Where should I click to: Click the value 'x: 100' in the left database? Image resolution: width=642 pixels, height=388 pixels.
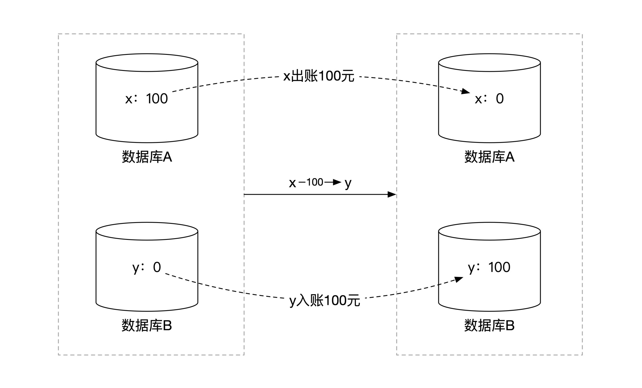[146, 99]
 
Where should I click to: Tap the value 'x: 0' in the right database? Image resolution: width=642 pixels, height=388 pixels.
[489, 99]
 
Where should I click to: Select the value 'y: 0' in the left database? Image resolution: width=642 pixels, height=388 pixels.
[146, 267]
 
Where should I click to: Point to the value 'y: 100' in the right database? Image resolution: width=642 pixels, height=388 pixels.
[489, 267]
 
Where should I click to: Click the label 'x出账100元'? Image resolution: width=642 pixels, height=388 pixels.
[319, 76]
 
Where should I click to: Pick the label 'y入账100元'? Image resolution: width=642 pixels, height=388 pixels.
[325, 300]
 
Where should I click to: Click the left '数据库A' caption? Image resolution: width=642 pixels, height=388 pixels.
[147, 157]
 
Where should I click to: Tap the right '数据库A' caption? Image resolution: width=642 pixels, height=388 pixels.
[489, 157]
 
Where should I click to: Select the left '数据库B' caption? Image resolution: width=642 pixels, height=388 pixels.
[147, 325]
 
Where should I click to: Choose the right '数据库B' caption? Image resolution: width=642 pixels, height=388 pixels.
[489, 325]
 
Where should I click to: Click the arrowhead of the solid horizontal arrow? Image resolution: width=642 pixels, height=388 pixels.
[392, 194]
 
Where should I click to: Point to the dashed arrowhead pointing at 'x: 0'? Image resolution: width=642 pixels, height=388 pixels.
[465, 91]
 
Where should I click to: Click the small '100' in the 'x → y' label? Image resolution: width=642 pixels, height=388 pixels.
[315, 182]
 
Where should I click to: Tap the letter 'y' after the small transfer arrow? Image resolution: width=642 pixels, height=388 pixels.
[348, 183]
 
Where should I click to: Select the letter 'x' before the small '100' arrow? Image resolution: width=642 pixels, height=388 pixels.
[292, 183]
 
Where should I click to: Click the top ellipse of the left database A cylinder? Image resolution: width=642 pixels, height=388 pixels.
[147, 63]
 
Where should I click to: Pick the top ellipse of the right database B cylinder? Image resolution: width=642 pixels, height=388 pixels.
[489, 231]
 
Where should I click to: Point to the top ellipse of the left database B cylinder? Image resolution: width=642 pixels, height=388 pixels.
[147, 231]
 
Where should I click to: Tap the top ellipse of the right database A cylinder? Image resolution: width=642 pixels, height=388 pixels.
[489, 63]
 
